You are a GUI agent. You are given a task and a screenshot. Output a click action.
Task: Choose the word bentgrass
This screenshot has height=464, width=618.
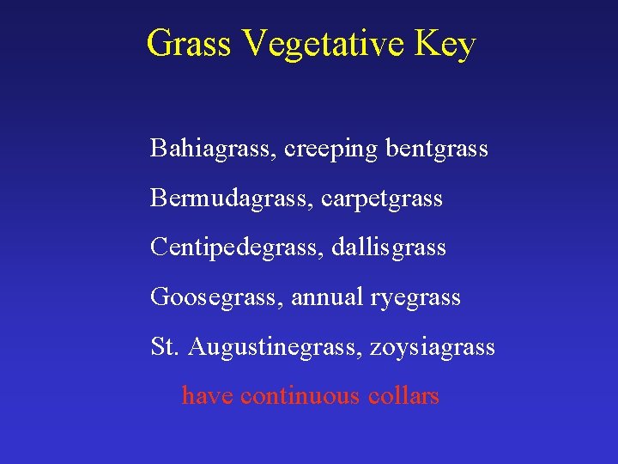pyautogui.click(x=437, y=150)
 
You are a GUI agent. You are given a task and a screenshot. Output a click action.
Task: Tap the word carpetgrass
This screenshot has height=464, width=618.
pyautogui.click(x=382, y=199)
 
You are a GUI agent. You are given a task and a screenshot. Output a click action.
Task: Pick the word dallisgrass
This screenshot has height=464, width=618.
pyautogui.click(x=394, y=248)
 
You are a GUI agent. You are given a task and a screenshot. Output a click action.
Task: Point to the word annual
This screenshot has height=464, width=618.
pyautogui.click(x=327, y=297)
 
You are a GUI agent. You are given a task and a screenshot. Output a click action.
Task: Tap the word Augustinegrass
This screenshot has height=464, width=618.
pyautogui.click(x=276, y=348)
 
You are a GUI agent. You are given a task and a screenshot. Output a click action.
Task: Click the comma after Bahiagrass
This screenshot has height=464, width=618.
pyautogui.click(x=276, y=156)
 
